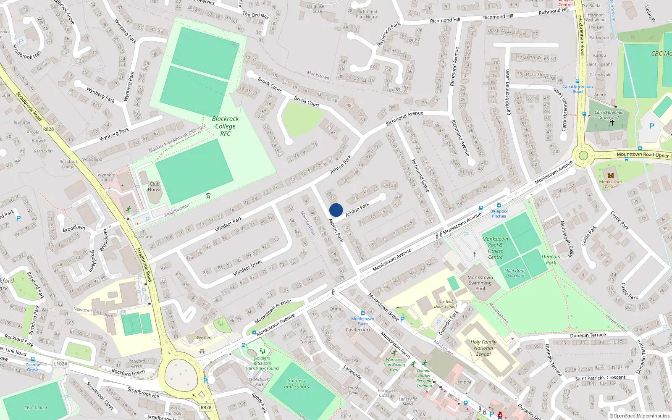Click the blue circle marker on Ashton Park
[336, 210]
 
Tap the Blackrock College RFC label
[226, 126]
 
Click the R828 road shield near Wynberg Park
[48, 129]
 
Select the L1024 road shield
[60, 364]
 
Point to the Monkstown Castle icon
[611, 176]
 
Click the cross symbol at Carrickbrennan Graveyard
[612, 122]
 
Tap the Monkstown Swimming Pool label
[480, 283]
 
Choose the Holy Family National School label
[483, 348]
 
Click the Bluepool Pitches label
[499, 213]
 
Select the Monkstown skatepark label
[515, 273]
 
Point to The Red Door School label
[445, 304]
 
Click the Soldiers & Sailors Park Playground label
[262, 363]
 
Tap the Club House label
[155, 186]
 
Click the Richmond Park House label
[367, 14]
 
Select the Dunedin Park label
[551, 260]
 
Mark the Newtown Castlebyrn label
[93, 312]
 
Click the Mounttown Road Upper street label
[643, 155]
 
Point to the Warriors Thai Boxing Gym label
[394, 365]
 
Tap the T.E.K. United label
[35, 407]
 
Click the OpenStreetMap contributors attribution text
[640, 416]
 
